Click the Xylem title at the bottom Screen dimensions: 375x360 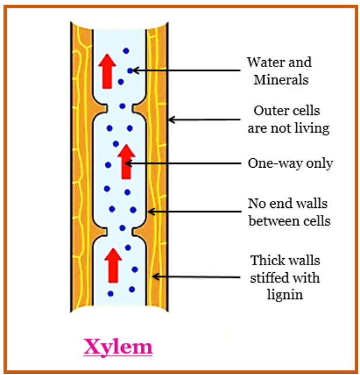click(x=118, y=347)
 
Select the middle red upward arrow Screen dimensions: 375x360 click(x=125, y=161)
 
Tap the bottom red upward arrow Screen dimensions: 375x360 click(x=113, y=264)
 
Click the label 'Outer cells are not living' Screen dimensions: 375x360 click(x=288, y=119)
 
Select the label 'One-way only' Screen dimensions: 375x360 click(x=290, y=164)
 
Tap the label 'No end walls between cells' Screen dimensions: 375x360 click(x=288, y=212)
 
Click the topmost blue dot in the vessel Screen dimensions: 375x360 click(x=125, y=51)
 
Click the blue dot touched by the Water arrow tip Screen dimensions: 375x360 click(x=131, y=70)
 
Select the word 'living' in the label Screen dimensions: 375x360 click(x=313, y=128)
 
